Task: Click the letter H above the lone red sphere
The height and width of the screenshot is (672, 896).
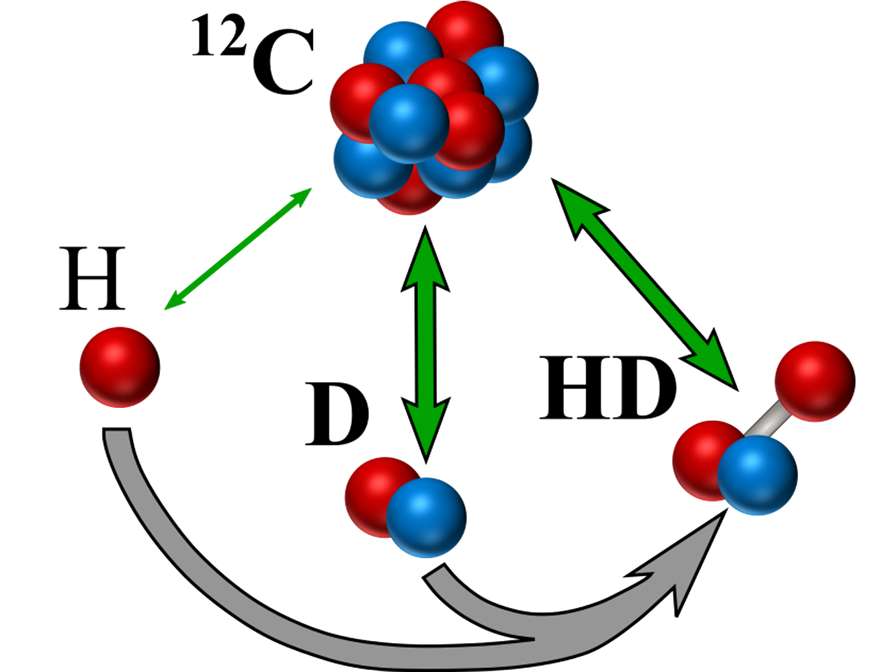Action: (93, 278)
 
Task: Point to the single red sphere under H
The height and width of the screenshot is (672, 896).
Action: (120, 367)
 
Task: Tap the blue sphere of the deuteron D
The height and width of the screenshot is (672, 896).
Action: (425, 517)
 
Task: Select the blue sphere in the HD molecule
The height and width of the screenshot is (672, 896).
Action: (758, 474)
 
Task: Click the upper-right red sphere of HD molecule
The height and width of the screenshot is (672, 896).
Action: (815, 381)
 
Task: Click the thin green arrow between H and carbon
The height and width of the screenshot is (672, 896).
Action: (238, 249)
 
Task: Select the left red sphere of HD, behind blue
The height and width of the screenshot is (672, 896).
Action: (699, 457)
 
